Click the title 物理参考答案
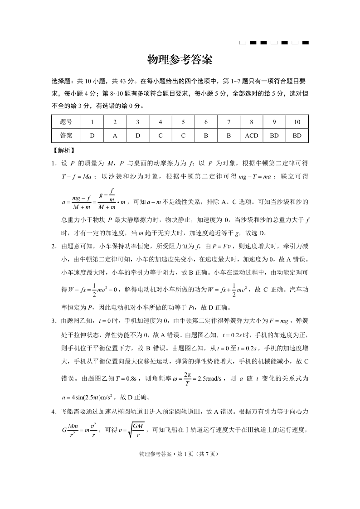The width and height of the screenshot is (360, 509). pos(180,60)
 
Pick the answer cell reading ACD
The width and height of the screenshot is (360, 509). pos(251,136)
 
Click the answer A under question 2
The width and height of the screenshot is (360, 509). pos(115,136)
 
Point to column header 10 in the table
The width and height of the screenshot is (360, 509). pos(297,122)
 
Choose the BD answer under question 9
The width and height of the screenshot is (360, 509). pos(274,136)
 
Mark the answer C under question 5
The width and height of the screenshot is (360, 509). pos(183,136)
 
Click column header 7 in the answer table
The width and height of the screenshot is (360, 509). pos(229,122)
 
